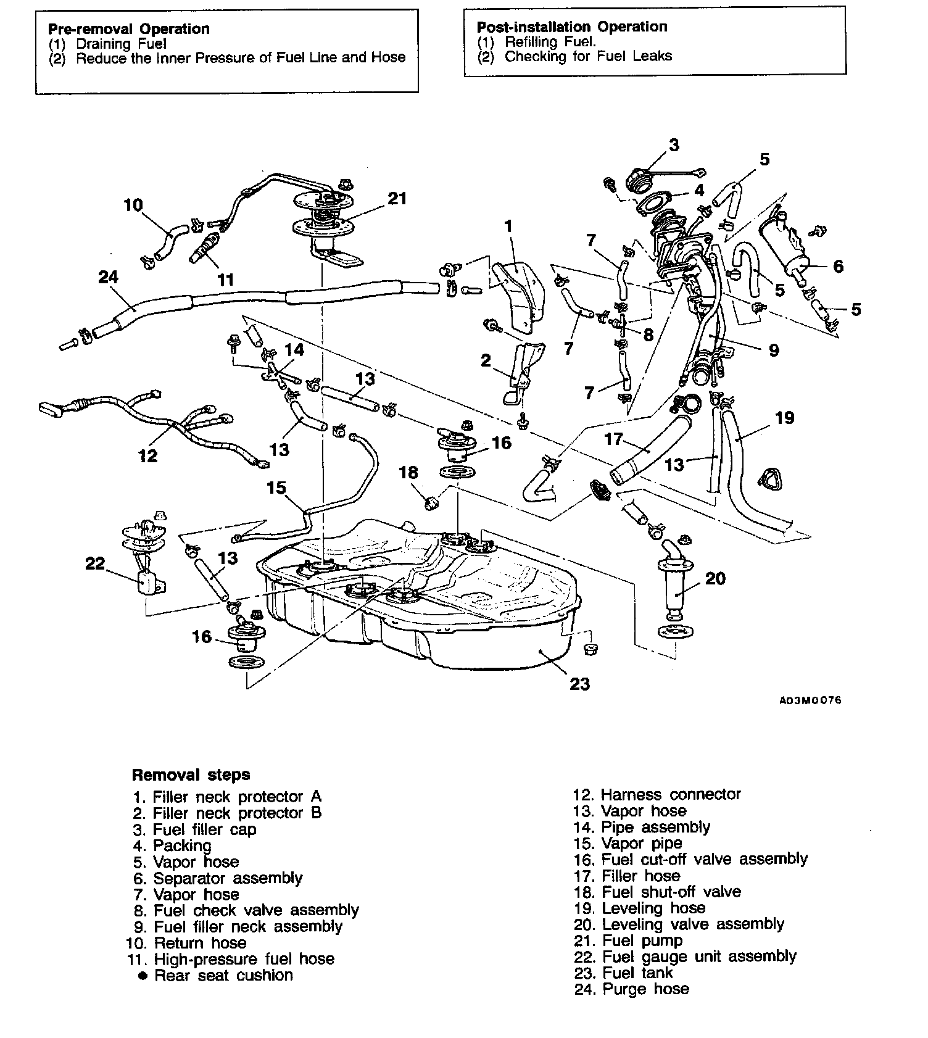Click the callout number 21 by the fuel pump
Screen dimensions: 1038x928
coord(397,198)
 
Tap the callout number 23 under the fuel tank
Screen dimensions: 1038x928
coord(579,684)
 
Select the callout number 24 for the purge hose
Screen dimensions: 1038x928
coord(108,277)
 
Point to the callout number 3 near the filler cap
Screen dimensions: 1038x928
coord(674,145)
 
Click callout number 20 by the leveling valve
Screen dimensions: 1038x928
coord(715,578)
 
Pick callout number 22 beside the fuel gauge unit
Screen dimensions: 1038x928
coord(95,564)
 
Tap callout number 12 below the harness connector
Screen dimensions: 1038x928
coord(147,455)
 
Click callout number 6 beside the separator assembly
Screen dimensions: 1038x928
coord(838,266)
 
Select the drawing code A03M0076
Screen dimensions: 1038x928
coord(810,700)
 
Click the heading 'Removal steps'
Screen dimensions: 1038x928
coord(191,774)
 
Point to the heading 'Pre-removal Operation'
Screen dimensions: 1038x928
coord(129,29)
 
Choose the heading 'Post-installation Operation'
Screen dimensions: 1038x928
coord(572,27)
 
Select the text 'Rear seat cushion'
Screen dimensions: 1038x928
coord(223,975)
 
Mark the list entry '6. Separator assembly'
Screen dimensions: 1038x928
coord(218,878)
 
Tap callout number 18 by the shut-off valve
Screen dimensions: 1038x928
coord(408,473)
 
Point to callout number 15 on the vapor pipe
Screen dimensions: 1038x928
coord(276,488)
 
